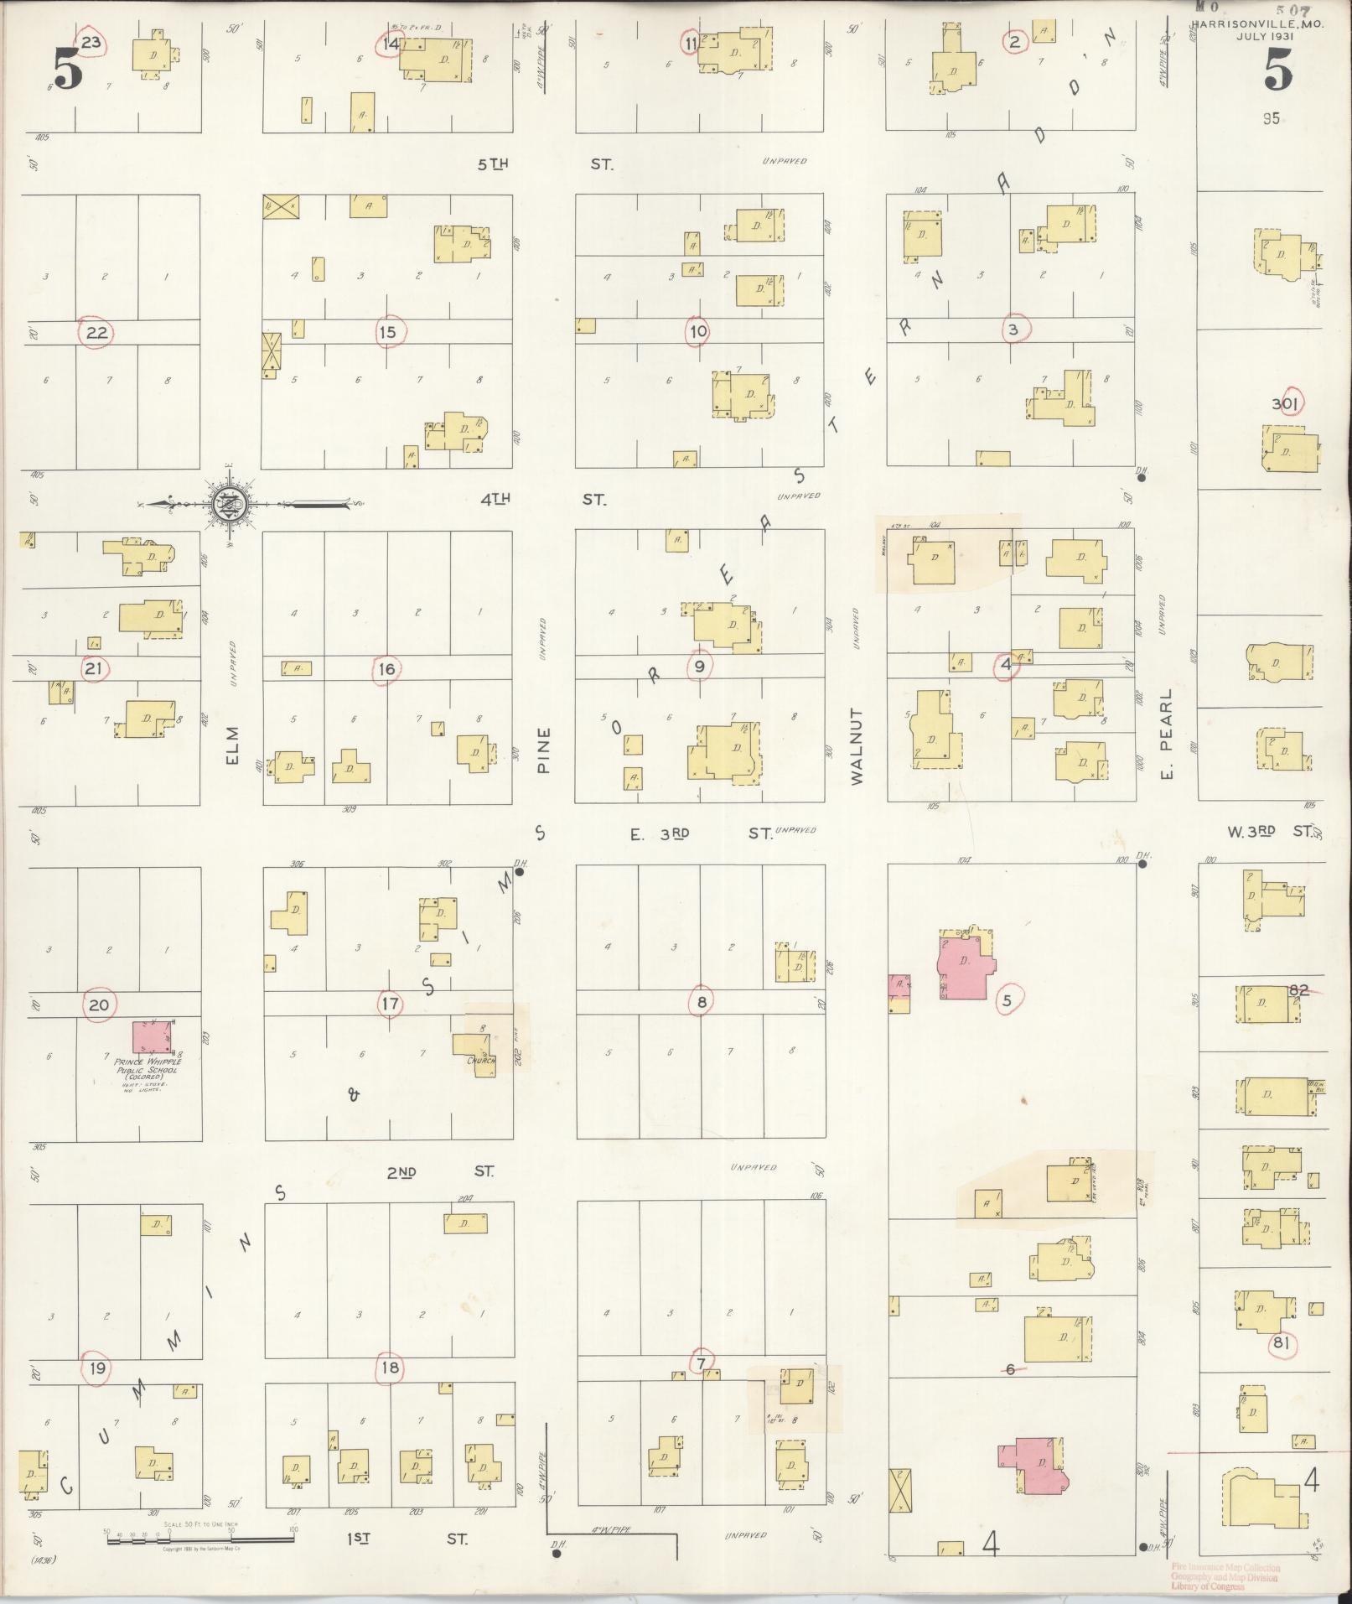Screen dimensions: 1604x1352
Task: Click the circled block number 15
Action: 386,332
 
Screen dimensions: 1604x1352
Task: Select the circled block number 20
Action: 99,1004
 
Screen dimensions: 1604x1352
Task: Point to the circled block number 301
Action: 1284,404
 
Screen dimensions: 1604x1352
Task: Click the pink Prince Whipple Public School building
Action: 152,1037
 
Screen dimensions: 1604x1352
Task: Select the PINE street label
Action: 543,750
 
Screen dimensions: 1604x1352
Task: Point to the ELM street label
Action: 232,745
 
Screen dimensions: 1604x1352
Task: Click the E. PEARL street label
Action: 1167,733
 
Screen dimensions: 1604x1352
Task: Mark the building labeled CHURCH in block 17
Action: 475,1051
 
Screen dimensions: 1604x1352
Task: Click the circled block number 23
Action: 91,43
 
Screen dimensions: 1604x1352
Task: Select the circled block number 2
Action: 1014,41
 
